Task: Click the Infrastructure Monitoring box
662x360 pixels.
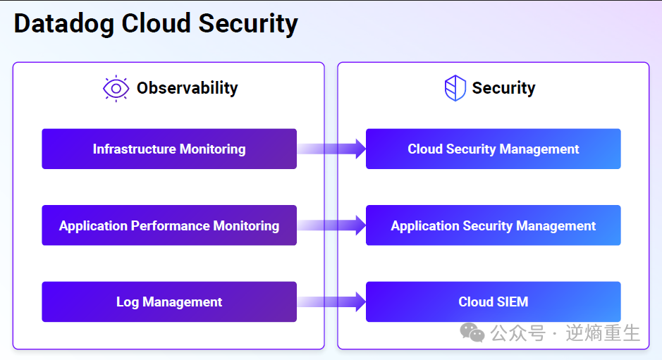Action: (169, 149)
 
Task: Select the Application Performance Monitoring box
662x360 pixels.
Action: (169, 225)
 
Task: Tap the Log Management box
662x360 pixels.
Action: (169, 302)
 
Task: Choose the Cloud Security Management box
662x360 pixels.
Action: (493, 149)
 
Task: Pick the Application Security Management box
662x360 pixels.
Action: (493, 225)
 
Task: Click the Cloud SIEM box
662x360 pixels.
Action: (493, 302)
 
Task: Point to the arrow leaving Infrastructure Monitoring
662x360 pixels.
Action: (331, 149)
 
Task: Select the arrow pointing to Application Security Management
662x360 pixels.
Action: (331, 225)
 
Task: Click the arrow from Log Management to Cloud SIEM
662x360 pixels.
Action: (331, 302)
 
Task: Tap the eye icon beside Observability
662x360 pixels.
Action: (116, 89)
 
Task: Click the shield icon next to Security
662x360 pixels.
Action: (455, 88)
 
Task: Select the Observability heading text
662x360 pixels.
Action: (187, 88)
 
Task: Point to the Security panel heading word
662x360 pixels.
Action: (503, 89)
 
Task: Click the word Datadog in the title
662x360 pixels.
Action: (63, 24)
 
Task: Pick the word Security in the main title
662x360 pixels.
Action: (248, 24)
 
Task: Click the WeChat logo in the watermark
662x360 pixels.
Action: (472, 333)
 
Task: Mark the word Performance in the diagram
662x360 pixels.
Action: (170, 225)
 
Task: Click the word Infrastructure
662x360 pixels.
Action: (134, 149)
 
